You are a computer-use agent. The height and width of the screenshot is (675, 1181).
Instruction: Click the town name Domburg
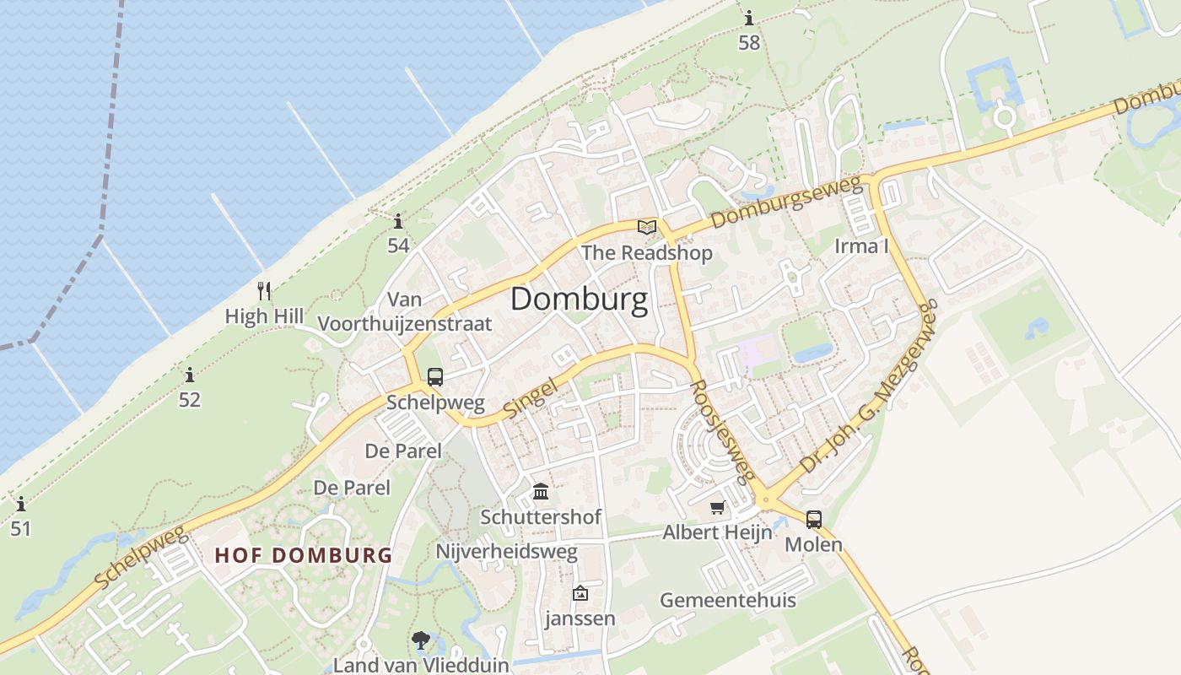(x=579, y=300)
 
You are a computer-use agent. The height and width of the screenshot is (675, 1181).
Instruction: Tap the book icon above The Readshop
(x=647, y=227)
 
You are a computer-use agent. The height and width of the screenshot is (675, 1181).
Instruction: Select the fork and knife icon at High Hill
(x=264, y=291)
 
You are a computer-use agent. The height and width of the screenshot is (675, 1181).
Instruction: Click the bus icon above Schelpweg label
(x=435, y=377)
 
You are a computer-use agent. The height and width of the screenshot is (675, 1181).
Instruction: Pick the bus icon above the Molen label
(x=813, y=520)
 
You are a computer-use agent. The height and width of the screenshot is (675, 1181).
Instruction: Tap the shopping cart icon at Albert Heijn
(x=717, y=508)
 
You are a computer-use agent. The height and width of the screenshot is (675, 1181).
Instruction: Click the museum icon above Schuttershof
(x=541, y=491)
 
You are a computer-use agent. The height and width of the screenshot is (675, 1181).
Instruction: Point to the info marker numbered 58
(x=749, y=18)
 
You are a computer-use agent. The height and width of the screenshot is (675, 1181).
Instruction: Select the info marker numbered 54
(x=398, y=222)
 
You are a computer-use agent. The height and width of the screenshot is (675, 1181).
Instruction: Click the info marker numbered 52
(x=190, y=375)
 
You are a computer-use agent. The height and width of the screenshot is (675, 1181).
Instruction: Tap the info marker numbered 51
(x=21, y=505)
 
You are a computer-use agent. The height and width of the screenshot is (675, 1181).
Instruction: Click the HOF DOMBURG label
(x=304, y=555)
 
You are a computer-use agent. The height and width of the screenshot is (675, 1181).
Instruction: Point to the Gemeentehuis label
(x=727, y=601)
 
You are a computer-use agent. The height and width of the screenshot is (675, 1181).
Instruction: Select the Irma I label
(x=861, y=246)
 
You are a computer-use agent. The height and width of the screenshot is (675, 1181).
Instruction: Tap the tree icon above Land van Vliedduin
(x=420, y=640)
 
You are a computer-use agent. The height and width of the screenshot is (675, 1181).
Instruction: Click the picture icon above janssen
(x=580, y=594)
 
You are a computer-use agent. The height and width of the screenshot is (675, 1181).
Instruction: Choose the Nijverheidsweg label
(x=506, y=552)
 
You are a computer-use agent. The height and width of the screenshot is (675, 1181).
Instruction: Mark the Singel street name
(x=531, y=397)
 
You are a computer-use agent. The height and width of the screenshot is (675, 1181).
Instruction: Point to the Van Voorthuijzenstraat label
(x=404, y=311)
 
